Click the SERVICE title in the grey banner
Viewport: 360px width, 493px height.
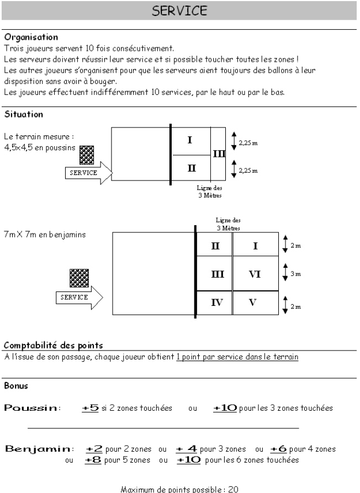point(179,10)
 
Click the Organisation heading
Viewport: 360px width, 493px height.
point(31,37)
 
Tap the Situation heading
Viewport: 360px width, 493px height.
point(24,114)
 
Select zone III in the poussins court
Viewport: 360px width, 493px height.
point(219,153)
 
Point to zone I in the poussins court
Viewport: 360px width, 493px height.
point(189,140)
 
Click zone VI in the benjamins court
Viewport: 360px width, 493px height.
point(255,274)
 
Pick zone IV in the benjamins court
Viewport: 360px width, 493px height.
point(217,303)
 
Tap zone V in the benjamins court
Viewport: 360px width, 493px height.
point(253,303)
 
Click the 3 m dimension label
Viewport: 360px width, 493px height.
point(295,274)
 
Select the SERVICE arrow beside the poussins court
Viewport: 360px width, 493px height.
point(89,173)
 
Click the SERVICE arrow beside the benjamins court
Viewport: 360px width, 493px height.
point(79,298)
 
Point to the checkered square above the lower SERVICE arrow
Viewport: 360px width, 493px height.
point(79,278)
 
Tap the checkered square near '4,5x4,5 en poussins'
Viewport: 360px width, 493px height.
point(87,155)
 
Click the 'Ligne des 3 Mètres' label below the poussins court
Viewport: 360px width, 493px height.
point(209,192)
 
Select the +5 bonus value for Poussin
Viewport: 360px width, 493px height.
point(90,408)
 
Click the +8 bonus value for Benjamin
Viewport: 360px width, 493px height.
point(93,460)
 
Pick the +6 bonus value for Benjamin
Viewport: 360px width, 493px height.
point(278,449)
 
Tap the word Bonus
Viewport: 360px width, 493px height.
point(16,386)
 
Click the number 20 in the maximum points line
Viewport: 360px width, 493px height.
point(234,489)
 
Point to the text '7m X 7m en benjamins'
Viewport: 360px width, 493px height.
point(45,235)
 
